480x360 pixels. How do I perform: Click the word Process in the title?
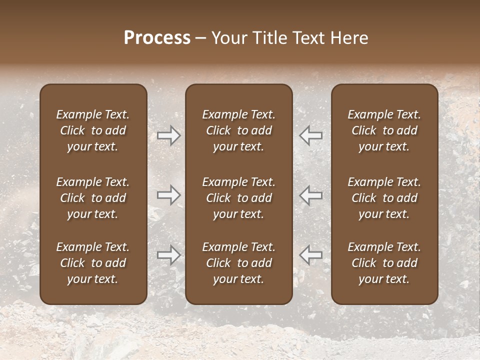pyautogui.click(x=157, y=38)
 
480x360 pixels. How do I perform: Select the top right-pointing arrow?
pyautogui.click(x=168, y=135)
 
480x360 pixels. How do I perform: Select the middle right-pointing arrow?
pyautogui.click(x=168, y=195)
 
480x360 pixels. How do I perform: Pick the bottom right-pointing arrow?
pyautogui.click(x=168, y=255)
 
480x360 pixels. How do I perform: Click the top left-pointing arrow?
pyautogui.click(x=310, y=135)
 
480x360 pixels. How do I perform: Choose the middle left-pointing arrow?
pyautogui.click(x=310, y=195)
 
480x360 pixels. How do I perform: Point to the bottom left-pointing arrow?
pyautogui.click(x=310, y=255)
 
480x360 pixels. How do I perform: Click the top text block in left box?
pyautogui.click(x=93, y=130)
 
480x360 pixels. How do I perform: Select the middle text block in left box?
pyautogui.click(x=93, y=198)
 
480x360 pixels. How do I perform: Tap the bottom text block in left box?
pyautogui.click(x=93, y=263)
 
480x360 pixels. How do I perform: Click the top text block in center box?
pyautogui.click(x=238, y=130)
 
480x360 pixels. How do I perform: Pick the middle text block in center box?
pyautogui.click(x=238, y=198)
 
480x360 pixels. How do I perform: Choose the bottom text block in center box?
pyautogui.click(x=238, y=263)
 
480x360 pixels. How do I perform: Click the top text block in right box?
pyautogui.click(x=384, y=130)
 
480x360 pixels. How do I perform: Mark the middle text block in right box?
pyautogui.click(x=384, y=198)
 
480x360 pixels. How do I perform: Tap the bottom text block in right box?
pyautogui.click(x=384, y=263)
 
